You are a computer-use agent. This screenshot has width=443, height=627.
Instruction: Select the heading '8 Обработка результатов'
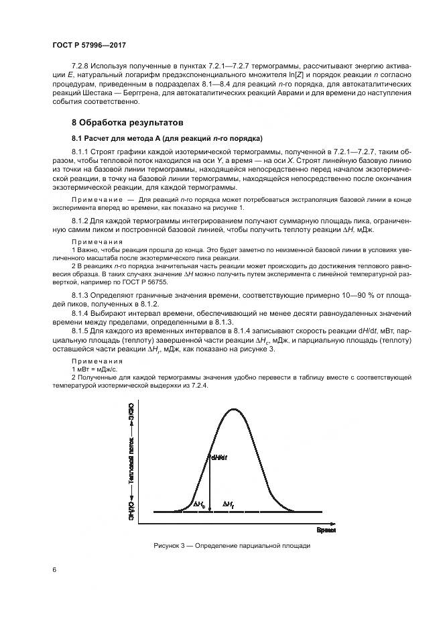pos(128,123)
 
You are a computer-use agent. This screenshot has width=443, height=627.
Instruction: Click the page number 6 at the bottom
pos(54,569)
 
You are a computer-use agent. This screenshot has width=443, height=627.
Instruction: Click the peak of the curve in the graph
pos(233,410)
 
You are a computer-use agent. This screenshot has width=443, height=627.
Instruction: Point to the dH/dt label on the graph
pos(218,458)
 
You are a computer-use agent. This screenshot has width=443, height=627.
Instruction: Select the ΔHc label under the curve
pos(199,504)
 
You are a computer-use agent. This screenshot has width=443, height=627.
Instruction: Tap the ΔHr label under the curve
pos(229,504)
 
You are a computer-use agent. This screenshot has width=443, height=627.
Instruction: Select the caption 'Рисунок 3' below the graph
pos(231,546)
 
